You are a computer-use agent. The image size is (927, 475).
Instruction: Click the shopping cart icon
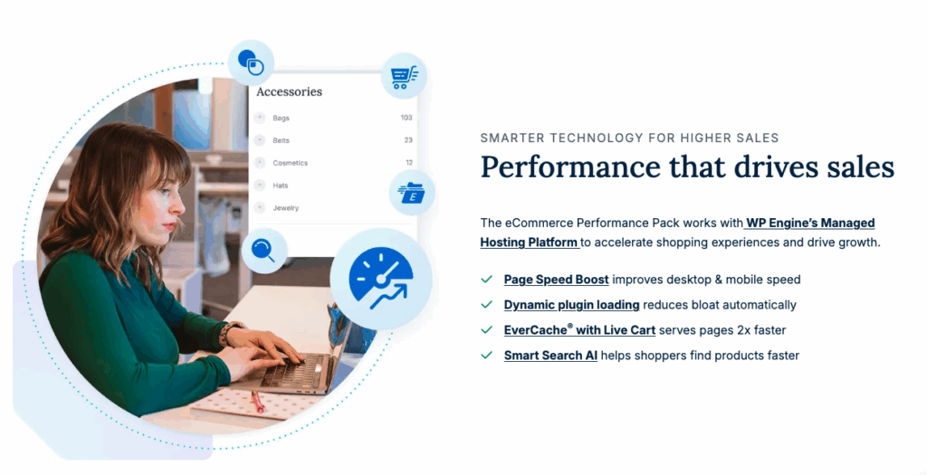click(x=403, y=76)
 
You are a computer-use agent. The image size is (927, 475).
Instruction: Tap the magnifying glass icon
click(x=264, y=251)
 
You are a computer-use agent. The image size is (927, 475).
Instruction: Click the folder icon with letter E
click(x=412, y=192)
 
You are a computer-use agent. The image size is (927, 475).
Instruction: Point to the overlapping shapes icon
click(x=251, y=62)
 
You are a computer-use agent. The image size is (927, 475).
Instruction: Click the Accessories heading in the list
click(x=289, y=91)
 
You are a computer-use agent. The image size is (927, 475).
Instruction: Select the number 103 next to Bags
click(x=406, y=118)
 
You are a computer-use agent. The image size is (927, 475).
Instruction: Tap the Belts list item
click(x=281, y=140)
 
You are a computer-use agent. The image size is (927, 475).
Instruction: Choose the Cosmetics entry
click(x=290, y=163)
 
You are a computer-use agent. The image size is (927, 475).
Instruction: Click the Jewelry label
click(x=285, y=208)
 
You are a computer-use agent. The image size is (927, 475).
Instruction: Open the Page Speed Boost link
click(x=556, y=280)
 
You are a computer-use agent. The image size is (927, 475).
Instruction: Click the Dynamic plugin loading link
click(x=571, y=305)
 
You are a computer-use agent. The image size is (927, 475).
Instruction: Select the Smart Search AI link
click(x=550, y=356)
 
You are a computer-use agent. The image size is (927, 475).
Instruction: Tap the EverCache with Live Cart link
click(x=579, y=330)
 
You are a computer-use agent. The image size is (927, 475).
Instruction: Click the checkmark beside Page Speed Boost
click(x=487, y=280)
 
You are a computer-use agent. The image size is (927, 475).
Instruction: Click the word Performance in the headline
click(x=559, y=168)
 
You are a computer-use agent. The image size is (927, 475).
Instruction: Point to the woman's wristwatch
click(x=231, y=332)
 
